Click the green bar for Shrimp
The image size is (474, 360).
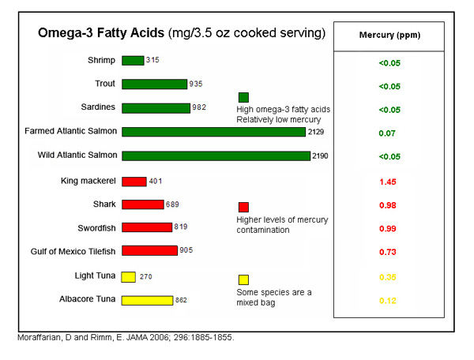point(133,61)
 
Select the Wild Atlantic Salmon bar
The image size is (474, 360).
point(216,156)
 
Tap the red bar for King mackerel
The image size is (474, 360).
point(134,182)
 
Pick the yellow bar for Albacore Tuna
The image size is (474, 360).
point(147,300)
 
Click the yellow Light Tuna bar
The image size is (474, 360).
point(128,277)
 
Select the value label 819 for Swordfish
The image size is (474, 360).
point(182,227)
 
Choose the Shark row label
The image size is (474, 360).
point(104,204)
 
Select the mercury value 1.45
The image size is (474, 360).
point(387,182)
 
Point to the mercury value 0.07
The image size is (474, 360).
point(387,133)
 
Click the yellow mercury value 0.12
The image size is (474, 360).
point(387,301)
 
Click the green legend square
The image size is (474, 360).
point(243,97)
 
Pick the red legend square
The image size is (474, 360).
point(243,207)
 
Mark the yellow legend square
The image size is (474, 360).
point(243,279)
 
